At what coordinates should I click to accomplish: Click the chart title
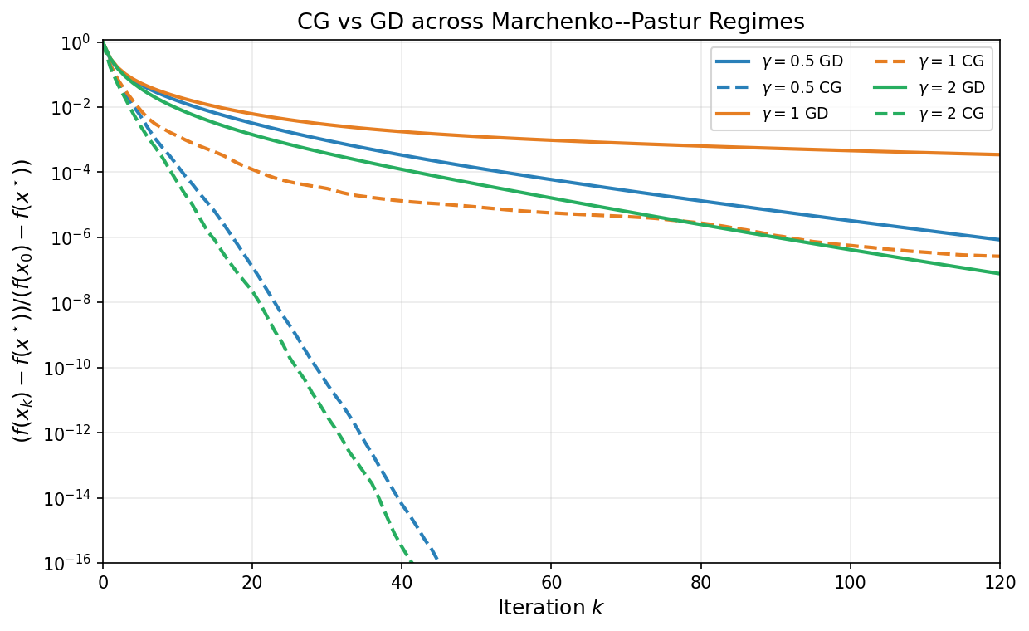(x=551, y=22)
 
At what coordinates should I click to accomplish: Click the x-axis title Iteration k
(x=551, y=608)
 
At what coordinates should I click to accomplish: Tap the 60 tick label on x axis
(x=551, y=583)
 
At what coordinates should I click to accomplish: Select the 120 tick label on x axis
(x=999, y=583)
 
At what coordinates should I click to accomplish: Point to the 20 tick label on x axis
(x=252, y=583)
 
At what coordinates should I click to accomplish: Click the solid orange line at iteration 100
(x=850, y=150)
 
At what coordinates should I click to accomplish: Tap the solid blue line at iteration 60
(x=551, y=179)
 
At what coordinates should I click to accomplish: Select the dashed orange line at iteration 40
(x=402, y=200)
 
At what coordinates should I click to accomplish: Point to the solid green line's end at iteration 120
(x=998, y=273)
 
